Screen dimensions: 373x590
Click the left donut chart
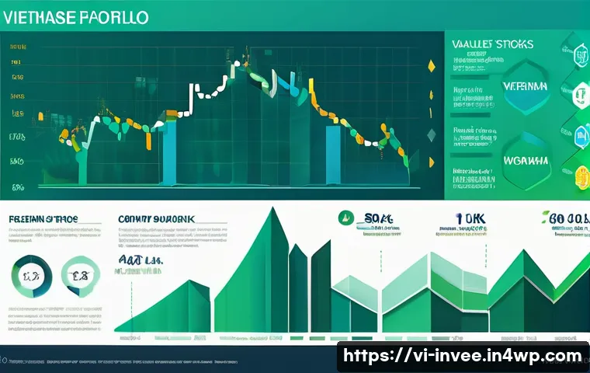coord(31,276)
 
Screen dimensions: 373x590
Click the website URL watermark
coord(463,356)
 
